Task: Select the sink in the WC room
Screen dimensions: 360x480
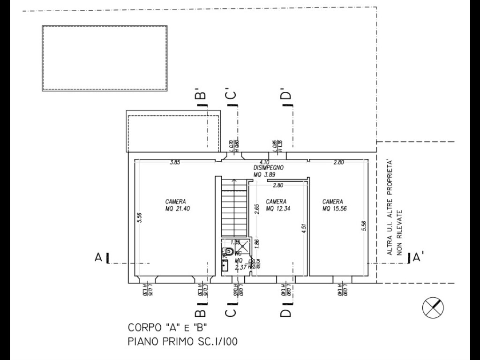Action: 225,266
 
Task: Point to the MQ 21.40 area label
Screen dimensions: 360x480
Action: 178,209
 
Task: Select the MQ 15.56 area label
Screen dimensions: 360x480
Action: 335,209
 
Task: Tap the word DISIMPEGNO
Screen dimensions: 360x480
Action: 269,167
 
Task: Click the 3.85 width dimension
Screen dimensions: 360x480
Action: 175,163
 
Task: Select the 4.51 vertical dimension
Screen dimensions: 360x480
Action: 304,228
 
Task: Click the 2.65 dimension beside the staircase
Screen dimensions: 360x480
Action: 256,209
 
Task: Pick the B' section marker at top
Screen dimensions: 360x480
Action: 200,96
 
